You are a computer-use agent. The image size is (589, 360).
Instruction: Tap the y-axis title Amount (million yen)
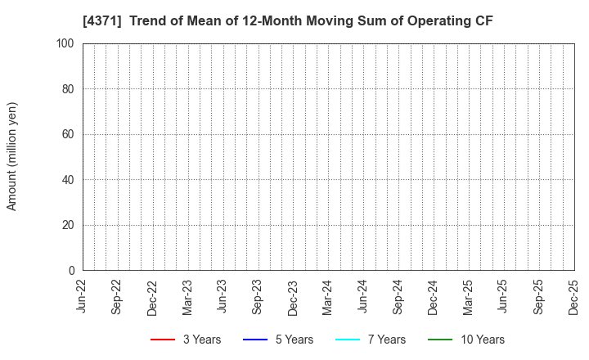click(x=12, y=156)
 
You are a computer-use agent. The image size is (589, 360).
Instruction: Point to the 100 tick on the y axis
click(x=66, y=43)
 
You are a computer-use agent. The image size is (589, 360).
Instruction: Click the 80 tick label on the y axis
click(x=69, y=89)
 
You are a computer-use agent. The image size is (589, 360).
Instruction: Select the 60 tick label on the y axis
click(x=69, y=134)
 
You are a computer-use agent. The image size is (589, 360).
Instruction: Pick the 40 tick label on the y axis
click(x=69, y=180)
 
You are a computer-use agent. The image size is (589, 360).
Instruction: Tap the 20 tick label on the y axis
click(x=69, y=225)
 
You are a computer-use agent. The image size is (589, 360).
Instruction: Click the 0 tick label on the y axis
click(x=72, y=271)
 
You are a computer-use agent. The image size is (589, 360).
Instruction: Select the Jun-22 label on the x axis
click(x=83, y=296)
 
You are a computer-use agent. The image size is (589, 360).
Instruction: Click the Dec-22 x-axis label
click(x=153, y=296)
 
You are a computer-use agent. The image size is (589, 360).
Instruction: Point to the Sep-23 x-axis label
click(x=258, y=296)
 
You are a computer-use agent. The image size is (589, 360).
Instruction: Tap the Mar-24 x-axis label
click(x=328, y=296)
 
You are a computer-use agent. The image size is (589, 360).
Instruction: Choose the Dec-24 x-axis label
click(x=434, y=296)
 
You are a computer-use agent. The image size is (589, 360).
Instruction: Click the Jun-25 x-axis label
click(x=504, y=296)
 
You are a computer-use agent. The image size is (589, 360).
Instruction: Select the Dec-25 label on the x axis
click(x=574, y=296)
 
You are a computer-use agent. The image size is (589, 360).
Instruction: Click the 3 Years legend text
click(x=201, y=340)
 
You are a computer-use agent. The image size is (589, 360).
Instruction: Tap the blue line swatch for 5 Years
click(x=256, y=340)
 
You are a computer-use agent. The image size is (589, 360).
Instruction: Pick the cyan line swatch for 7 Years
click(x=348, y=340)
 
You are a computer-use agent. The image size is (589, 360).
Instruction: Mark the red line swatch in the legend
click(x=164, y=340)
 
